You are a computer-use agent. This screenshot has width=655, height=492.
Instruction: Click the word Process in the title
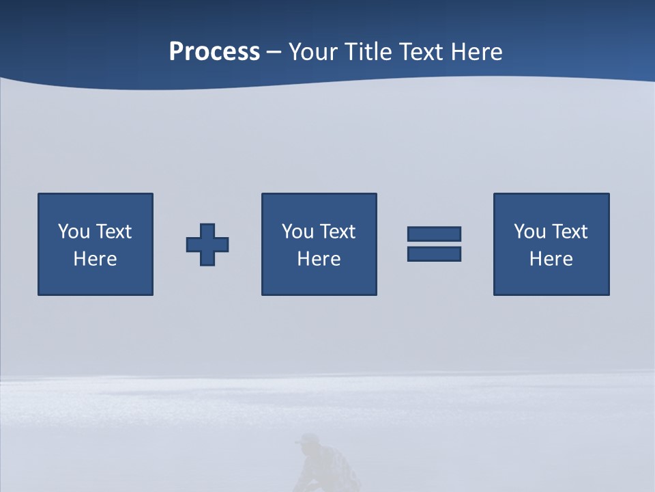(214, 52)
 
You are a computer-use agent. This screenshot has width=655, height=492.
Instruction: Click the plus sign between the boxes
(207, 245)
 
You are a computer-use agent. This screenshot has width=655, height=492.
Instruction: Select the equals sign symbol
(434, 244)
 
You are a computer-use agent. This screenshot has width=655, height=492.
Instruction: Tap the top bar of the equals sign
(434, 234)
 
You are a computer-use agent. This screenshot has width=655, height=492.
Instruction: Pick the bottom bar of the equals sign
(434, 254)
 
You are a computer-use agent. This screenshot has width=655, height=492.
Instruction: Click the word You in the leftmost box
(74, 232)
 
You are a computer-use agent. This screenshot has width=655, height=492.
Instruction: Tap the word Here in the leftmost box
(95, 259)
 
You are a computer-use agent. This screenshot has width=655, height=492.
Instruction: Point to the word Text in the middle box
(338, 232)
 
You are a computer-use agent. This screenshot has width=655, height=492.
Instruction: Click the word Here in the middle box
(319, 259)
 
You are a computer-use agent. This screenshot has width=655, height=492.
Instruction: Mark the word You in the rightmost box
(529, 232)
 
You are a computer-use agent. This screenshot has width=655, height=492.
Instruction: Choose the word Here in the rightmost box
(551, 259)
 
